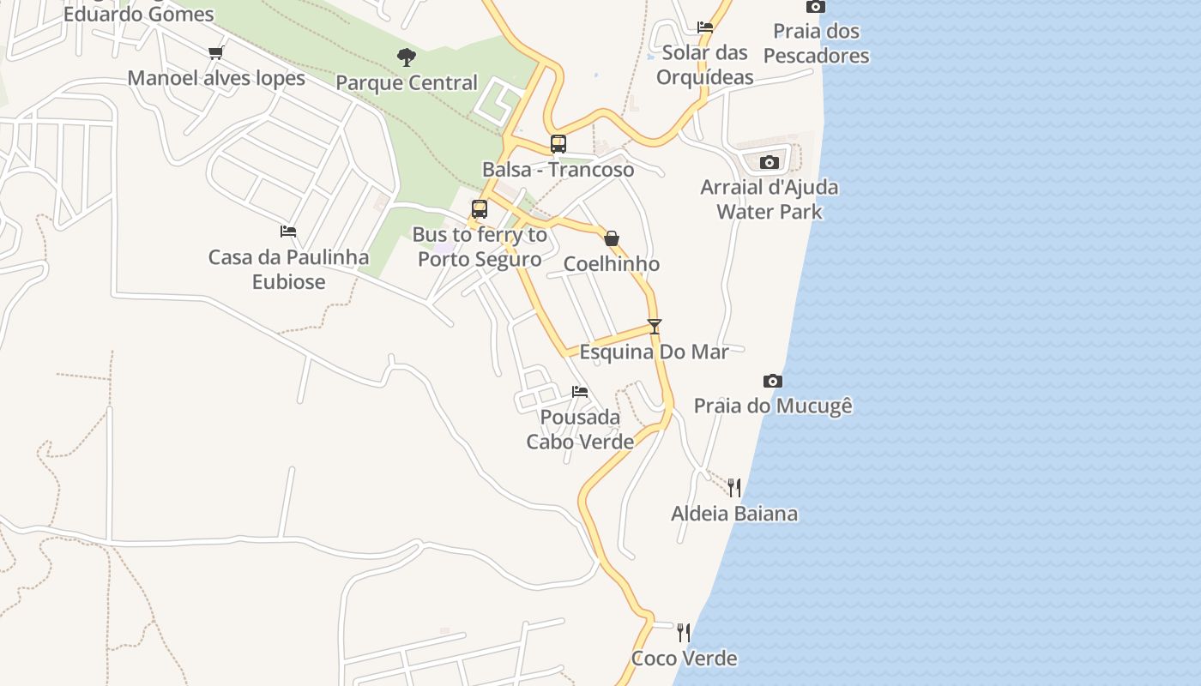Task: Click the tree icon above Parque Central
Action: tap(407, 57)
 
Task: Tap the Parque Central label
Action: tap(407, 83)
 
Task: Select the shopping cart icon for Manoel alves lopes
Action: tap(216, 53)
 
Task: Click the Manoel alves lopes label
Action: tap(216, 78)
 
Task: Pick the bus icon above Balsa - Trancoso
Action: tap(558, 144)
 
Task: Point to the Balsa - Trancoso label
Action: tap(558, 169)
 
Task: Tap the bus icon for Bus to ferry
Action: tap(480, 209)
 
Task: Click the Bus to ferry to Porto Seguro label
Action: tap(480, 247)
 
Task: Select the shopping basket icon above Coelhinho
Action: tap(612, 238)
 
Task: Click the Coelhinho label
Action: tap(612, 264)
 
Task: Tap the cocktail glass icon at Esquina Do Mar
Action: tap(655, 327)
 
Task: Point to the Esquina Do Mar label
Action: tap(655, 352)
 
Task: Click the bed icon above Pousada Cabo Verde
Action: tap(580, 392)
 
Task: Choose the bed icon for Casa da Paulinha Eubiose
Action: tap(288, 232)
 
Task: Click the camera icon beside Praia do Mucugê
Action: tap(773, 381)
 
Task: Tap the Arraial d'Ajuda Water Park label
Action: tap(769, 199)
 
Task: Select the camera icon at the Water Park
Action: tap(769, 162)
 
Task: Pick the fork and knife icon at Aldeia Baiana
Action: tap(734, 488)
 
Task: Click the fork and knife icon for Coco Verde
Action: tap(684, 633)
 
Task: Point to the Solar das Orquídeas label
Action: tap(705, 64)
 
